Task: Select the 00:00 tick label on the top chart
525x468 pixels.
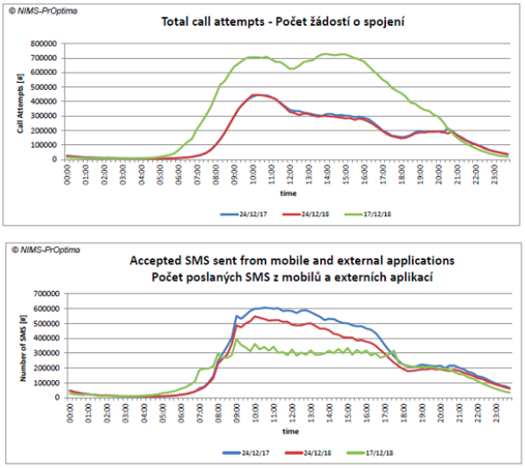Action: pyautogui.click(x=68, y=171)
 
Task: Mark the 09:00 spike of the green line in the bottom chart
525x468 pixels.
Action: pyautogui.click(x=237, y=340)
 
